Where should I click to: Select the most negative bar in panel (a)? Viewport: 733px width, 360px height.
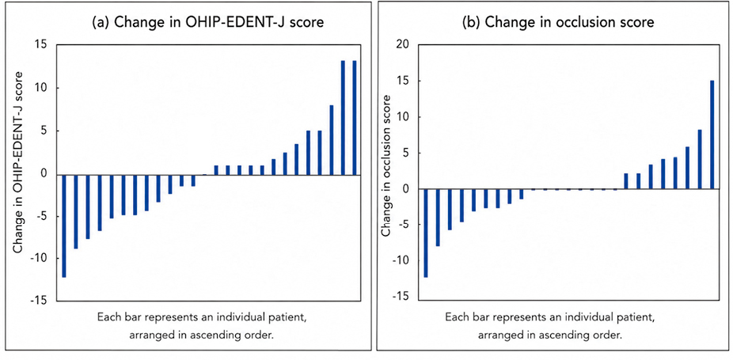click(64, 226)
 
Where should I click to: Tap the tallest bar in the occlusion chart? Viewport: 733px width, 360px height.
click(712, 135)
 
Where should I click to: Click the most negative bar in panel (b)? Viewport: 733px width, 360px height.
click(426, 233)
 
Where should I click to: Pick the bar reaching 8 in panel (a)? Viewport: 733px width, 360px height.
click(332, 140)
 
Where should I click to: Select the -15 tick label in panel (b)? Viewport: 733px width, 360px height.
click(401, 296)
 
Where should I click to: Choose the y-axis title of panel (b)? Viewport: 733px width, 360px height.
click(385, 165)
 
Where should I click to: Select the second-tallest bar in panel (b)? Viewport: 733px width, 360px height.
click(701, 160)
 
